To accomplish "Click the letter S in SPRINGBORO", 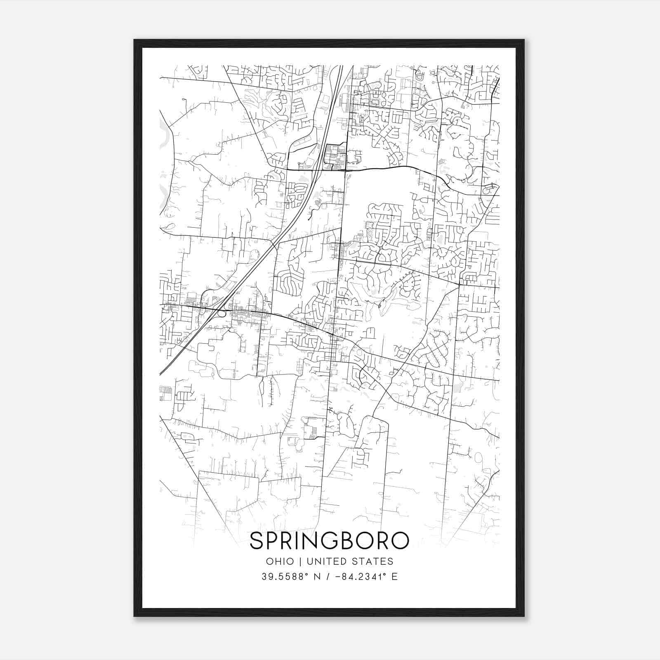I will [x=257, y=541].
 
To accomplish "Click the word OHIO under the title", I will [x=280, y=561].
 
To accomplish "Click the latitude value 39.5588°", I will [x=285, y=577].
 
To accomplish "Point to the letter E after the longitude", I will [x=395, y=577].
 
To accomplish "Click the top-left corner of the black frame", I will [x=134, y=40].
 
